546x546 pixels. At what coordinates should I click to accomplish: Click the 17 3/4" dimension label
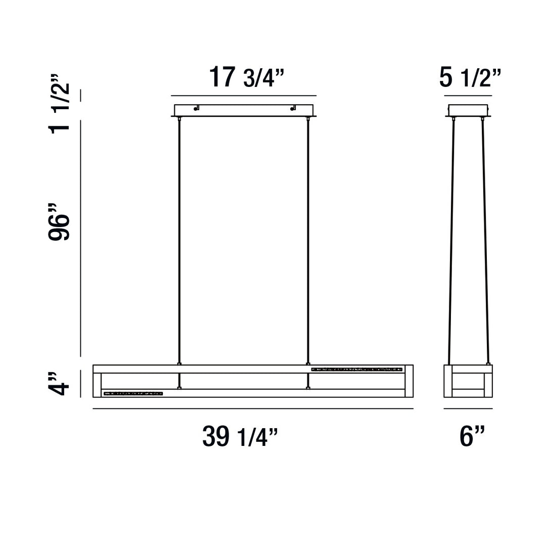(x=247, y=78)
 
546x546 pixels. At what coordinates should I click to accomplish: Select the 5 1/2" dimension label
(x=470, y=78)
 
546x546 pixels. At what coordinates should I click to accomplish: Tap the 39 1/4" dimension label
(x=240, y=436)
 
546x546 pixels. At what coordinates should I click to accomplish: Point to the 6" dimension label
(x=472, y=436)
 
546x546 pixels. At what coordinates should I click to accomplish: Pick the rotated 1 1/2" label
(x=59, y=104)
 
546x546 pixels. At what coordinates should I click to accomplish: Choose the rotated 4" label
(x=59, y=384)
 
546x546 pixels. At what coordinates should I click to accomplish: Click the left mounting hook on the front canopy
(x=196, y=108)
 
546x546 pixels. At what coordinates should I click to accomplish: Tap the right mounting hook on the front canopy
(x=293, y=108)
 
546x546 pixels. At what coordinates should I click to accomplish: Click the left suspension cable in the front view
(x=179, y=240)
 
